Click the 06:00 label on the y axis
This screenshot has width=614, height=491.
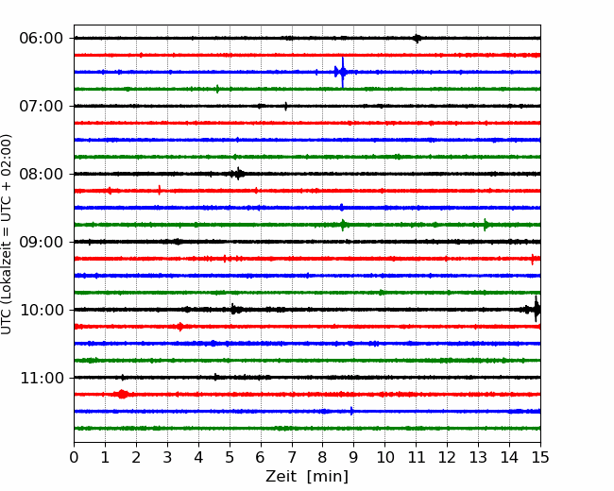pyautogui.click(x=42, y=39)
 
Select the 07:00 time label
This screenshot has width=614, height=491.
pyautogui.click(x=42, y=106)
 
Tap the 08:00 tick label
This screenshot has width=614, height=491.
pyautogui.click(x=42, y=175)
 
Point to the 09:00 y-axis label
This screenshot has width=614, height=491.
pyautogui.click(x=42, y=242)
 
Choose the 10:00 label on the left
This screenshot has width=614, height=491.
pyautogui.click(x=42, y=310)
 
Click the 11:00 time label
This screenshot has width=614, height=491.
pyautogui.click(x=42, y=379)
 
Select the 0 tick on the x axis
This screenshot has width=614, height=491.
pyautogui.click(x=74, y=457)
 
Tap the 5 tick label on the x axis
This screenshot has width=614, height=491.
pyautogui.click(x=230, y=457)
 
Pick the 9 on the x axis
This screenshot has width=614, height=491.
pyautogui.click(x=353, y=457)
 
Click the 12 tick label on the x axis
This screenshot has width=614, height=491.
pyautogui.click(x=447, y=457)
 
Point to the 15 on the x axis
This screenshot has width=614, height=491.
pyautogui.click(x=540, y=457)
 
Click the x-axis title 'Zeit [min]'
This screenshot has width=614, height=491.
pyautogui.click(x=307, y=477)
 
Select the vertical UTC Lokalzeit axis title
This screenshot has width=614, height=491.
pyautogui.click(x=7, y=234)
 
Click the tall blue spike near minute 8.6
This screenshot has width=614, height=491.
pyautogui.click(x=343, y=72)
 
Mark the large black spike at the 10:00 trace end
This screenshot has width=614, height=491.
pyautogui.click(x=537, y=310)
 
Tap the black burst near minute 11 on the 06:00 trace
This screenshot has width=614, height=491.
pyautogui.click(x=417, y=39)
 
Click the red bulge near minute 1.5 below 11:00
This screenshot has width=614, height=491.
pyautogui.click(x=122, y=394)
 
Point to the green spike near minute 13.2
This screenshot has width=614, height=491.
pyautogui.click(x=486, y=225)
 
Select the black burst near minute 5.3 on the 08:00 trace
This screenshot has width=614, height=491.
pyautogui.click(x=238, y=174)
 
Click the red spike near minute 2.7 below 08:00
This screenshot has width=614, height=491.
pyautogui.click(x=160, y=191)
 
